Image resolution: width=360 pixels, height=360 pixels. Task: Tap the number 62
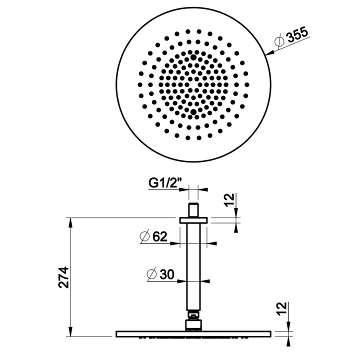click(160, 236)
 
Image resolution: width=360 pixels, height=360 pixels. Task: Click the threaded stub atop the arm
click(193, 209)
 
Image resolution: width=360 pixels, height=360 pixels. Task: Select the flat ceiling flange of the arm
click(193, 219)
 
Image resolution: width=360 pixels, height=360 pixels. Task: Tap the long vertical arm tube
click(193, 270)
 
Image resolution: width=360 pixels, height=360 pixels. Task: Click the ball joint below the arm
click(193, 321)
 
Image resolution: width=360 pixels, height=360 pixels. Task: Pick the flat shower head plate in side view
click(193, 333)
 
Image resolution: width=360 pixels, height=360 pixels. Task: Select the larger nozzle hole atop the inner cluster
click(193, 58)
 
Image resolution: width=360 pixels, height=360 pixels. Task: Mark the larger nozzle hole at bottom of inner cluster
click(193, 111)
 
